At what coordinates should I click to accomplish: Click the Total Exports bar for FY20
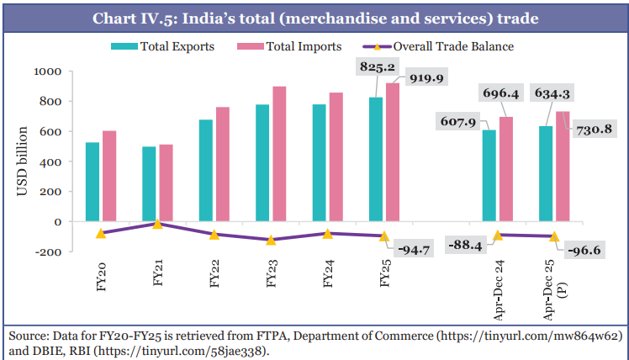pyautogui.click(x=92, y=182)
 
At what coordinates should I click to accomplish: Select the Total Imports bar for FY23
pyautogui.click(x=278, y=154)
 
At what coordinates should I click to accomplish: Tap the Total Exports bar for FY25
pyautogui.click(x=376, y=160)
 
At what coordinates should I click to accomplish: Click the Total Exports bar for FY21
pyautogui.click(x=149, y=184)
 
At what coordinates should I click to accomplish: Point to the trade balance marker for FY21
pyautogui.click(x=157, y=224)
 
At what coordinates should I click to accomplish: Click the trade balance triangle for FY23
pyautogui.click(x=271, y=240)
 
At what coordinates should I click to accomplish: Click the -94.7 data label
pyautogui.click(x=415, y=249)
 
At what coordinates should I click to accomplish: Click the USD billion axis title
pyautogui.click(x=23, y=162)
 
